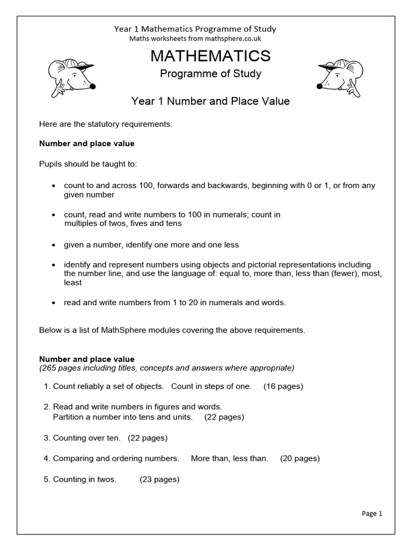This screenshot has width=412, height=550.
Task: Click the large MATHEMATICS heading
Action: coord(210,55)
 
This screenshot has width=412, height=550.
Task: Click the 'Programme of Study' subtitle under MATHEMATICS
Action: coord(210,74)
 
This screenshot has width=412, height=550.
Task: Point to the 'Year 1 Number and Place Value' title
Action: coord(210,101)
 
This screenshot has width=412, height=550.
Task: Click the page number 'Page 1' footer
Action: coord(372,513)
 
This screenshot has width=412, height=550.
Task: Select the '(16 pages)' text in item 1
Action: coord(283,387)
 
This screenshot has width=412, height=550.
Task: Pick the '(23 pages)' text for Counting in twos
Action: coord(159,480)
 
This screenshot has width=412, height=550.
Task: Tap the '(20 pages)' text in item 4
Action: coord(300,459)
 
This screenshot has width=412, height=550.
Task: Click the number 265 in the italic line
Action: coord(49,368)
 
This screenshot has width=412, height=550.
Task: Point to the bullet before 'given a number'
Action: coord(53,245)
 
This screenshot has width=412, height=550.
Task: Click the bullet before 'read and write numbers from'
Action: coord(53,303)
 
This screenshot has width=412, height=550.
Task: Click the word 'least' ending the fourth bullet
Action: coord(73,283)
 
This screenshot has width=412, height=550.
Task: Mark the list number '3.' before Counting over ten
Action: coord(47,438)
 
